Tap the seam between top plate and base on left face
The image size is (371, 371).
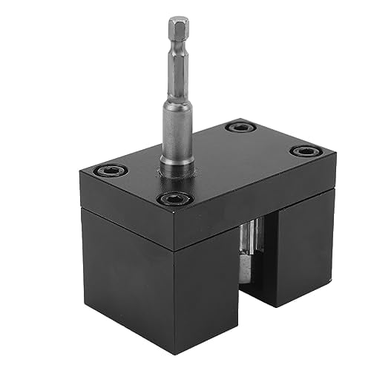point(126,211)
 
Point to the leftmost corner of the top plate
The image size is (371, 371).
point(81,175)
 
